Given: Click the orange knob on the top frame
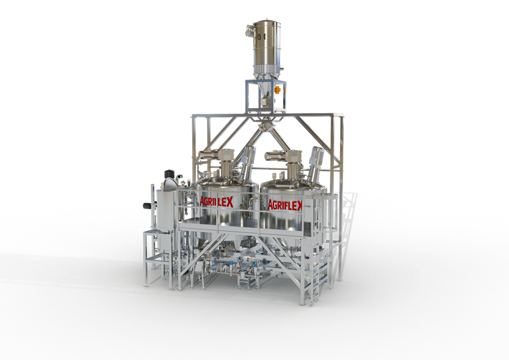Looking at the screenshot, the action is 277,89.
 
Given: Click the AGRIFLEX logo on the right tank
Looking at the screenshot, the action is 286,205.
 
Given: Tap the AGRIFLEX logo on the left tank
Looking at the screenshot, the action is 216,201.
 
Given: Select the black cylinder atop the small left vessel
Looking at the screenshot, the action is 169,174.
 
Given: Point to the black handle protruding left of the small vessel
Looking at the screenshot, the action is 149,205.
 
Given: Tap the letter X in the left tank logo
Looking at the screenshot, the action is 230,203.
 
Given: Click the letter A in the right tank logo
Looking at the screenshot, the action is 270,205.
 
